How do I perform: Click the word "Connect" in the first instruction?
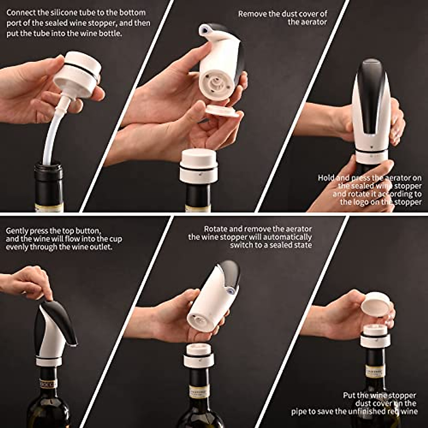pyautogui.click(x=21, y=13)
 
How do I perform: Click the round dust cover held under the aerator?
pyautogui.click(x=223, y=111)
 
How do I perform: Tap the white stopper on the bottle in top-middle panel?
pyautogui.click(x=199, y=166)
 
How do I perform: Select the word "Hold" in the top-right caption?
pyautogui.click(x=326, y=178)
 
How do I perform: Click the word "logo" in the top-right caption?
pyautogui.click(x=364, y=202)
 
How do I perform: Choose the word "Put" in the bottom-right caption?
pyautogui.click(x=350, y=395)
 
